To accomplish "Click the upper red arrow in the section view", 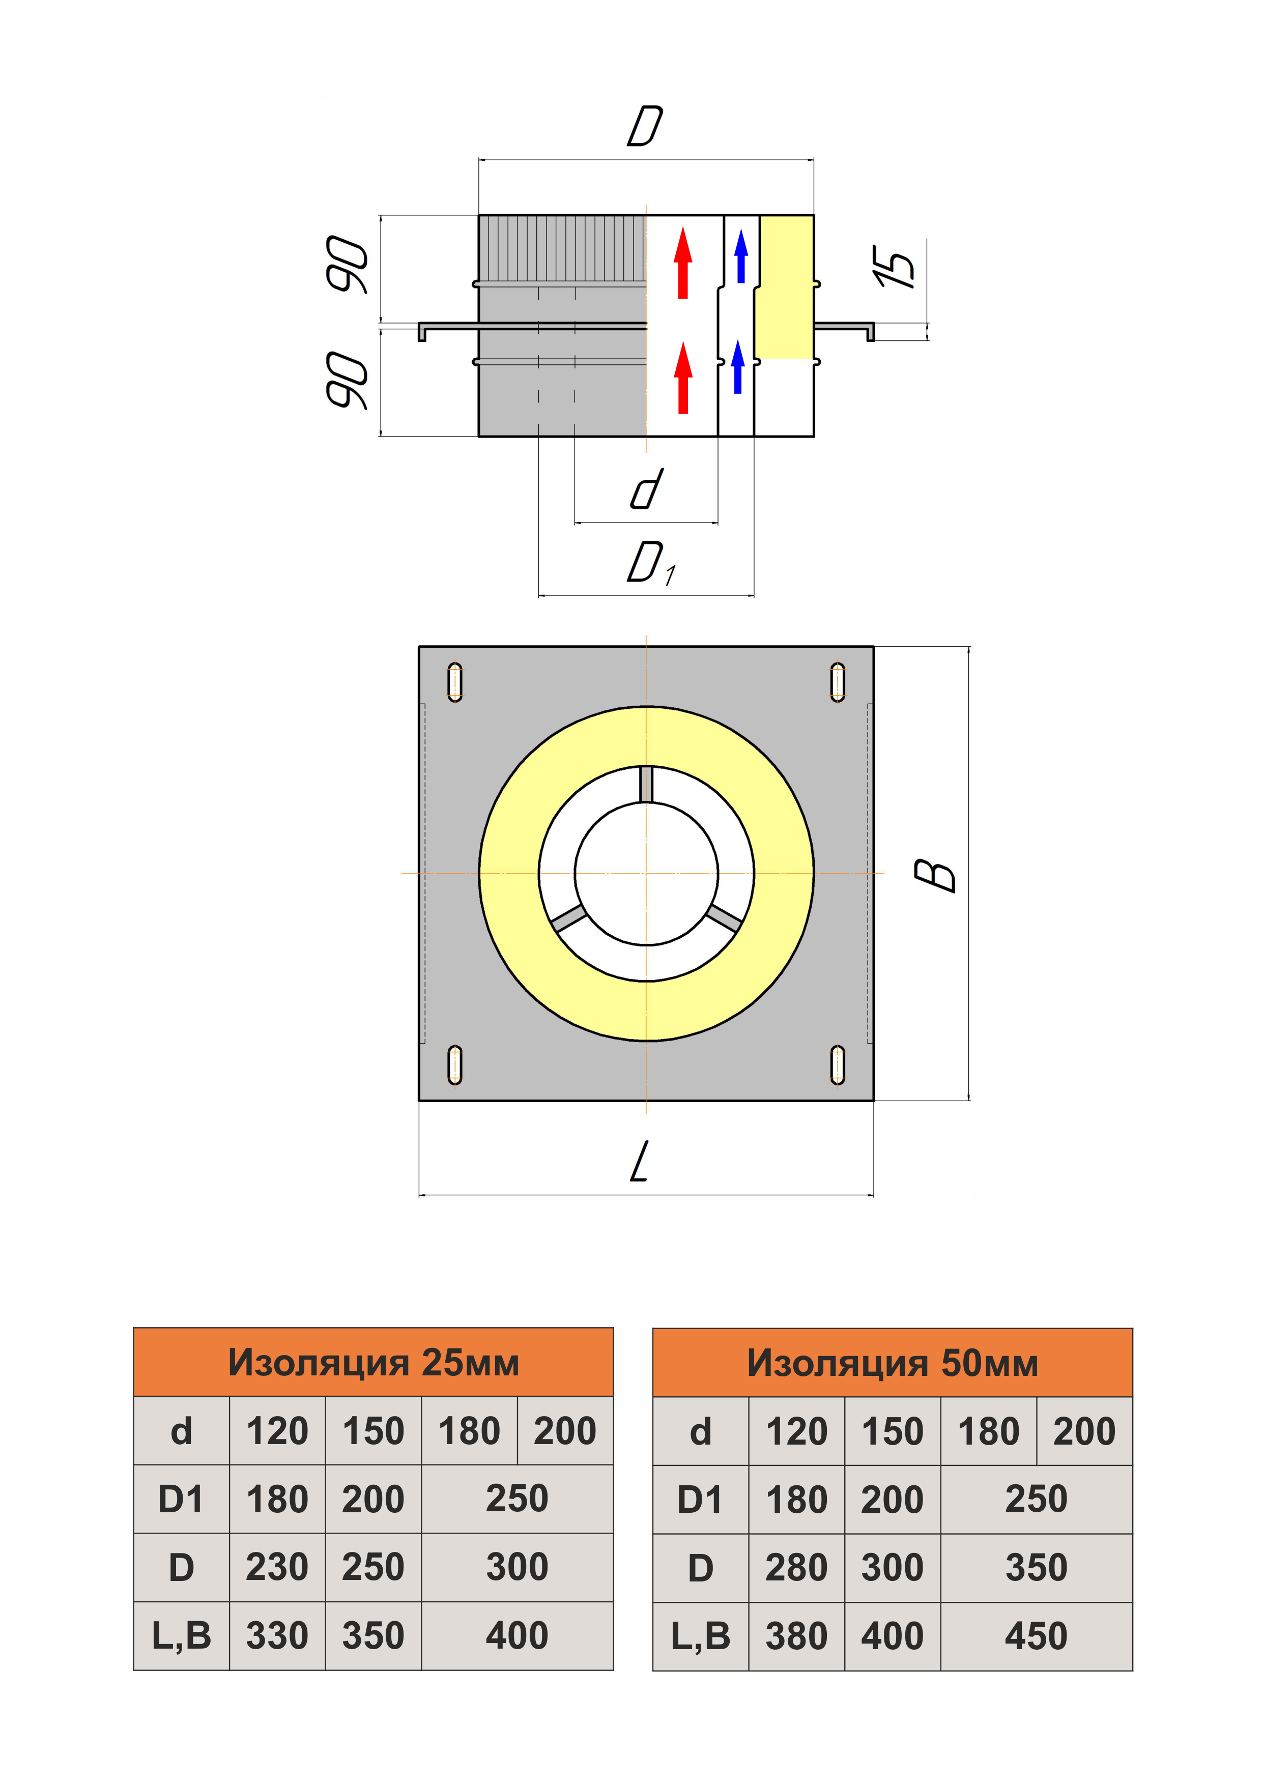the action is [x=683, y=263].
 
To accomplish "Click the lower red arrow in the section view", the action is [x=683, y=378].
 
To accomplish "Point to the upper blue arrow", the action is [x=741, y=256].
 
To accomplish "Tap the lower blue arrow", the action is [x=738, y=367].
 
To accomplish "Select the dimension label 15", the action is [x=895, y=267].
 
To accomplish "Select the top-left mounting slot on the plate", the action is [x=455, y=682].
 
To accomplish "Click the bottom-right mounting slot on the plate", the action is [x=838, y=1065].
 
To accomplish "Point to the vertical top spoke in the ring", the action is [x=646, y=784].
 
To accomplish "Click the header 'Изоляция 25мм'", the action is [x=374, y=1362].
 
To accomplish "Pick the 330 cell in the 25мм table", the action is [x=278, y=1636].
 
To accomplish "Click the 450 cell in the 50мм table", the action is [x=1036, y=1636].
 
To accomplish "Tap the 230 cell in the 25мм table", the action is [x=278, y=1567].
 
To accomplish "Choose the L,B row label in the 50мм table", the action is [x=701, y=1636].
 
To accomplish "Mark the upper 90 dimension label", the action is [x=347, y=264].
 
